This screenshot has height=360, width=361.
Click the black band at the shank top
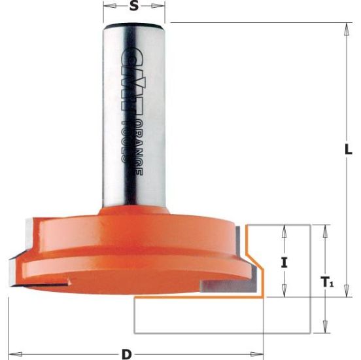pyautogui.click(x=135, y=26)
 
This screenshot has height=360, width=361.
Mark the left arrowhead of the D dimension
pyautogui.click(x=13, y=354)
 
